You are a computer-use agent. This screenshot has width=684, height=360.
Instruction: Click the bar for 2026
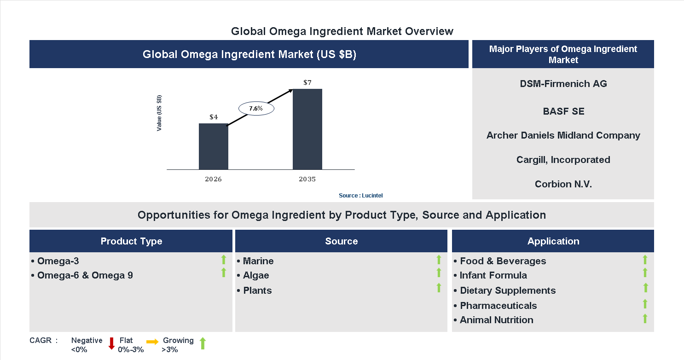[213, 146]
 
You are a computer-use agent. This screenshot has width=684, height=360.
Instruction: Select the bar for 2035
[307, 129]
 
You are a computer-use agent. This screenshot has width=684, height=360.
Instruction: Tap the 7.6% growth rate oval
[256, 109]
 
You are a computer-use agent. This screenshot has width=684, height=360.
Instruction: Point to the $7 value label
[307, 83]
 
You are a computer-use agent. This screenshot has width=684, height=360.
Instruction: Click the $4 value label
[214, 117]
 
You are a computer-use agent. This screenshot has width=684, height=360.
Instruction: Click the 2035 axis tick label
[307, 179]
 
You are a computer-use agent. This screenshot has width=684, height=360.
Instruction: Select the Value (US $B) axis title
[159, 113]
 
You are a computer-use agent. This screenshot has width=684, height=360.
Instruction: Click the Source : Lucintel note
[360, 196]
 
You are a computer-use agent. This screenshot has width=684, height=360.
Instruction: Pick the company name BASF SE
[563, 111]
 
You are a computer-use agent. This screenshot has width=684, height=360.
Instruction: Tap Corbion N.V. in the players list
[563, 184]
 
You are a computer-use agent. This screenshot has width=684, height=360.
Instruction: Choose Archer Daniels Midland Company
[563, 135]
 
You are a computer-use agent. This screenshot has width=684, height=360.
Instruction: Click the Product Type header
[131, 241]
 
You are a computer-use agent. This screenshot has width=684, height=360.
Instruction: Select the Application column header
[553, 241]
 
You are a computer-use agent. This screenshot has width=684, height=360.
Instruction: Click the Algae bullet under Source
[255, 275]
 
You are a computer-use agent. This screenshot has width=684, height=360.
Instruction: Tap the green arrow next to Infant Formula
[645, 273]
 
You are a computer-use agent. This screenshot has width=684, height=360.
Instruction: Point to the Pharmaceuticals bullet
[498, 306]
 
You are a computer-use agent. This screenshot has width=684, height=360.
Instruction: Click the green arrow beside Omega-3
[224, 259]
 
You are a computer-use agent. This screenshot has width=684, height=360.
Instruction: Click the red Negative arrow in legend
[111, 343]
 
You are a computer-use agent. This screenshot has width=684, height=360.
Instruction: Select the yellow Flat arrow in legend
[152, 342]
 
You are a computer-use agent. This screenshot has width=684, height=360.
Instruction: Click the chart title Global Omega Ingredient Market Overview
[342, 31]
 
